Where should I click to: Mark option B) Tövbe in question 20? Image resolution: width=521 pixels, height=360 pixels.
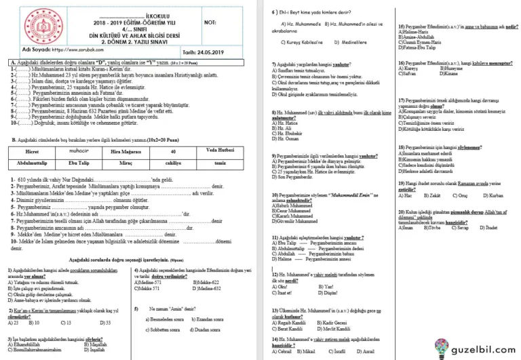[432, 228]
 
